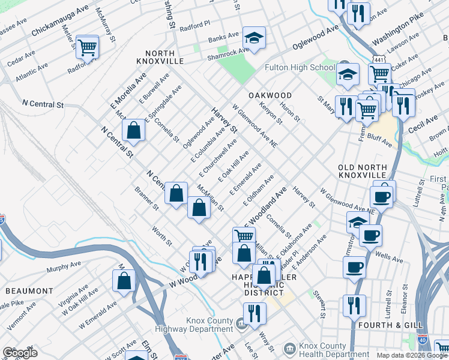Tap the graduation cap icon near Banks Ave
pyautogui.click(x=254, y=38)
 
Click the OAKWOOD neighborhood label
pyautogui.click(x=270, y=95)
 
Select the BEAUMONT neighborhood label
pyautogui.click(x=29, y=291)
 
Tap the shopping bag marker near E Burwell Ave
pyautogui.click(x=133, y=130)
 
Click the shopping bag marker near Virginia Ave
pyautogui.click(x=124, y=280)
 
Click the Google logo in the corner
pyautogui.click(x=20, y=353)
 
